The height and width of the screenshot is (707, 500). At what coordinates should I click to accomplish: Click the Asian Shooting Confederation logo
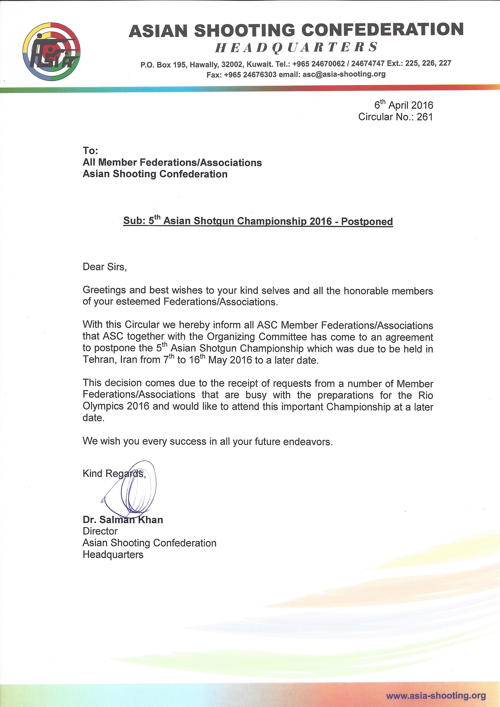click(51, 51)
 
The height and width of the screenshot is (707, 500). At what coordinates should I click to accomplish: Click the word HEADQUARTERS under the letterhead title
click(296, 47)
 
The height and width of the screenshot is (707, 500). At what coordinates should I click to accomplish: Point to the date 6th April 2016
click(404, 105)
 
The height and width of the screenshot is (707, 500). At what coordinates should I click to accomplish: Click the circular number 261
click(425, 117)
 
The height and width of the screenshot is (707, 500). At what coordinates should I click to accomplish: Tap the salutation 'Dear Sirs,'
click(105, 267)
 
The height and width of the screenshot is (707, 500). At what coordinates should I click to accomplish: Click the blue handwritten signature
click(132, 490)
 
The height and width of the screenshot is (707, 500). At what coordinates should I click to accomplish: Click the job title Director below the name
click(100, 531)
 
